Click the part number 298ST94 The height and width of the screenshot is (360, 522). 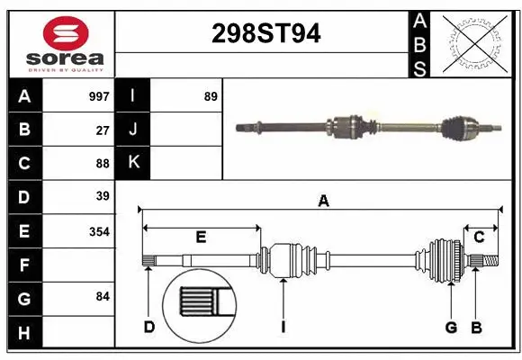click(265, 34)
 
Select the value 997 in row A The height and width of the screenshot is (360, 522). click(99, 95)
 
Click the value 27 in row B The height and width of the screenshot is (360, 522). click(103, 130)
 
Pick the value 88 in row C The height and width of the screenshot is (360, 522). click(103, 164)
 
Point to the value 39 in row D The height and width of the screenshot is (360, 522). click(103, 196)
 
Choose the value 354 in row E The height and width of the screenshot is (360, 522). click(99, 231)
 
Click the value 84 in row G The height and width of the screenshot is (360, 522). click(103, 296)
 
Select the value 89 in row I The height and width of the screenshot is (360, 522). click(211, 95)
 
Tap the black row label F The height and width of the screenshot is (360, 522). click(24, 265)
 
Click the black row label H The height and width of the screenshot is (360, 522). click(24, 333)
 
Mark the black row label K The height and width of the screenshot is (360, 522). click(133, 163)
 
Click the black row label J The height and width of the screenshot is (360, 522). click(133, 130)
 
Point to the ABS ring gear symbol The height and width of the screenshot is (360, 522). click(473, 43)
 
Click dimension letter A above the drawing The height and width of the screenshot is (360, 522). click(323, 202)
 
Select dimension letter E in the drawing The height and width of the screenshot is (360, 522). click(201, 238)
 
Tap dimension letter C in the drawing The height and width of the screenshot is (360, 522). click(479, 238)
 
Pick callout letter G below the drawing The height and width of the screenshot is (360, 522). click(450, 327)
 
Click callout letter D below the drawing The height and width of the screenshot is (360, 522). click(149, 327)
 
